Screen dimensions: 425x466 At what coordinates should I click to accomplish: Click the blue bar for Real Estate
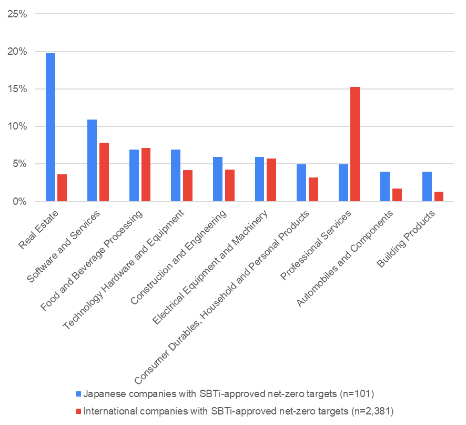pos(50,127)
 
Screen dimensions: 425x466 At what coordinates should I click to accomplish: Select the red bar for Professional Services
pos(355,144)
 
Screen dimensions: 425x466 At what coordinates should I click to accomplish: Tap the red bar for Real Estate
pos(62,187)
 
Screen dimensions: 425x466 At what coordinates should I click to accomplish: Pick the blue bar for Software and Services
pos(92,160)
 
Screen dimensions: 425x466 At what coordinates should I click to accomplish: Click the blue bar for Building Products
pos(427,186)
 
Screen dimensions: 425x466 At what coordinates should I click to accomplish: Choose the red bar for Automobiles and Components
pos(397,195)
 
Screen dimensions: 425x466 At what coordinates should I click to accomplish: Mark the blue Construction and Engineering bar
pos(218,179)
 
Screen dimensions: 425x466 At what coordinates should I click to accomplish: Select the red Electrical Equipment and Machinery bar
pos(271,180)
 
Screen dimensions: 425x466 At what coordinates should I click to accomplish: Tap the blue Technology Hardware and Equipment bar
pos(176,175)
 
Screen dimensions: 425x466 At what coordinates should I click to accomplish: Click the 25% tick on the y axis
pos(18,14)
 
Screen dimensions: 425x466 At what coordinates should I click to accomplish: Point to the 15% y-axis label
pos(18,89)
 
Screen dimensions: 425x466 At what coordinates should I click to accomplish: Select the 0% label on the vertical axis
pos(21,202)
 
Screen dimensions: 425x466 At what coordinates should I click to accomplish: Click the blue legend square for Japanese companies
pos(79,393)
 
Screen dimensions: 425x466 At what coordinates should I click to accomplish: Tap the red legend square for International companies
pos(79,410)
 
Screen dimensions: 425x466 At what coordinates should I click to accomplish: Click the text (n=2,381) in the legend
pos(372,410)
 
